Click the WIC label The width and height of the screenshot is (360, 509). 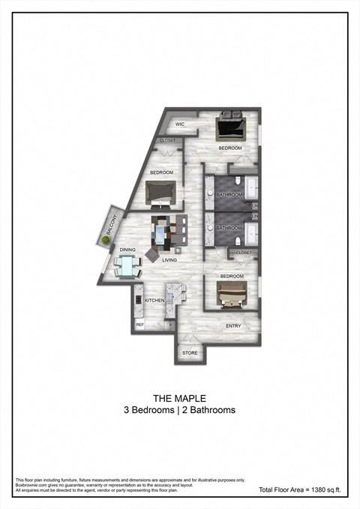pyautogui.click(x=180, y=124)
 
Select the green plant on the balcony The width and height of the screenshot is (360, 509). pyautogui.click(x=104, y=240)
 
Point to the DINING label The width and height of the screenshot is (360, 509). pyautogui.click(x=127, y=250)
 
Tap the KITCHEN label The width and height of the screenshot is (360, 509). pyautogui.click(x=154, y=301)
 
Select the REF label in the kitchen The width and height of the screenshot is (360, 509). pyautogui.click(x=139, y=325)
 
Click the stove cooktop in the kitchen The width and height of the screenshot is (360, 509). pyautogui.click(x=138, y=300)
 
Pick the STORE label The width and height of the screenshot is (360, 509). pyautogui.click(x=190, y=353)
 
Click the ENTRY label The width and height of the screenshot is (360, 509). pyautogui.click(x=234, y=326)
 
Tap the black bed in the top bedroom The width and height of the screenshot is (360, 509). pyautogui.click(x=230, y=126)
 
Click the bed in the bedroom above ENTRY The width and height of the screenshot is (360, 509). pyautogui.click(x=232, y=296)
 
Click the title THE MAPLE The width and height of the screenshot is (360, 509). pyautogui.click(x=180, y=398)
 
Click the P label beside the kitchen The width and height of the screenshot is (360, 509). pyautogui.click(x=170, y=325)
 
